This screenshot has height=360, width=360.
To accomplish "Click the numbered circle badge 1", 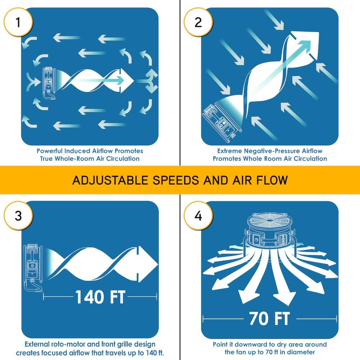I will tap(18, 22).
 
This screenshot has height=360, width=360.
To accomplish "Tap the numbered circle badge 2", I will tap(198, 22).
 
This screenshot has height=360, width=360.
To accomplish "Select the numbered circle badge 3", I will tap(18, 215).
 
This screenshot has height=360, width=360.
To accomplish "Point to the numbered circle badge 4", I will tap(198, 215).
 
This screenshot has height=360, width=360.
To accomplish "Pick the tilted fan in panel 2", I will tap(221, 121).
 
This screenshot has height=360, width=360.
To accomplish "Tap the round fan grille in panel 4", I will tap(270, 220).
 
